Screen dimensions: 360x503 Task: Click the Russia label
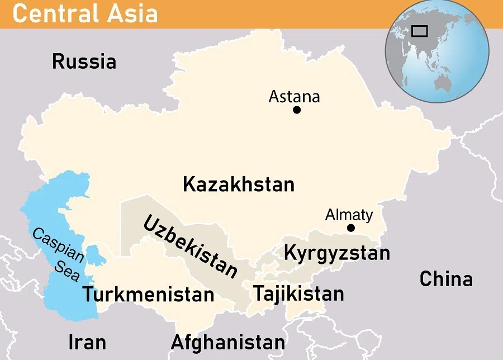[x=84, y=61]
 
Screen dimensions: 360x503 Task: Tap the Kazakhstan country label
[x=239, y=184]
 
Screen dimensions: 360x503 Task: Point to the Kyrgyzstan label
[x=336, y=253]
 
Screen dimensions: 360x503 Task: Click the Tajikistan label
[x=298, y=293]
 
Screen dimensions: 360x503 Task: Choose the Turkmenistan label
[x=148, y=294]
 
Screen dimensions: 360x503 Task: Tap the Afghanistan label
[x=227, y=342]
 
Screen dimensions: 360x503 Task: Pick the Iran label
[x=87, y=342]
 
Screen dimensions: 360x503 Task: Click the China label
[x=446, y=278]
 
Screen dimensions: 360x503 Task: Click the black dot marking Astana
[x=297, y=110]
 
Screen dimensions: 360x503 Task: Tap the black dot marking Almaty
[x=350, y=228]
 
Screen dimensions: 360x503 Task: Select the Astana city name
[x=294, y=97]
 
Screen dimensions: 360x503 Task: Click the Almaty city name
[x=349, y=215]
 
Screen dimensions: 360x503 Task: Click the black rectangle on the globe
[x=419, y=31]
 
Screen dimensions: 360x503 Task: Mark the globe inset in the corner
[x=437, y=52]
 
